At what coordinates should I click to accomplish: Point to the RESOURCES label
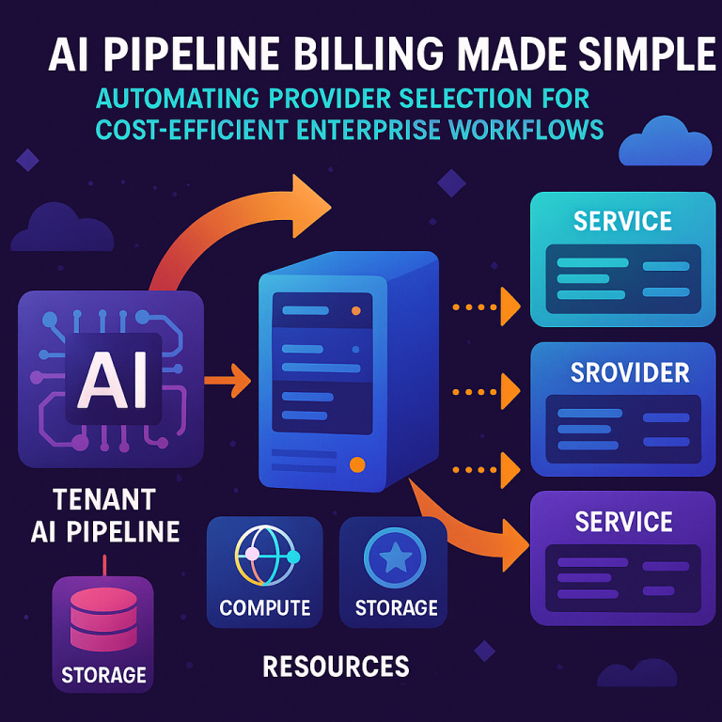point(336,667)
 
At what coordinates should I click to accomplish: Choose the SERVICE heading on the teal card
point(622,222)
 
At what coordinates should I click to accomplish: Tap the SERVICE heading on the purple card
point(622,522)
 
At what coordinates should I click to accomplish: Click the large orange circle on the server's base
point(356,464)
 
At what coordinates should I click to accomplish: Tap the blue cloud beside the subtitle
point(666,144)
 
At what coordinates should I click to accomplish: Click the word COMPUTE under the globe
point(264,608)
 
